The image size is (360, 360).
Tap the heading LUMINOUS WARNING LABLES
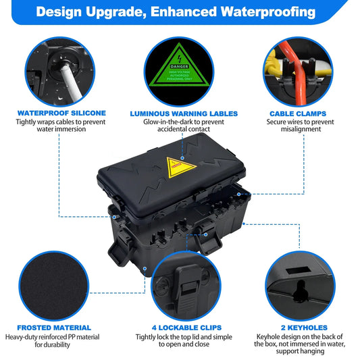coord(179,113)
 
